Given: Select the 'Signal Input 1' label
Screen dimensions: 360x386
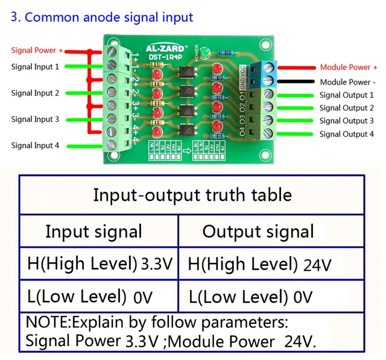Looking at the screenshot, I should click(x=35, y=67).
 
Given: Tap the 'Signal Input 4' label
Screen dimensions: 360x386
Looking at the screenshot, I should click(x=35, y=145).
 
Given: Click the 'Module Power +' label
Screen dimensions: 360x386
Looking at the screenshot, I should click(x=349, y=68).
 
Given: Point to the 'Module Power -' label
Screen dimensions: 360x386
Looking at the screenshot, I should click(x=348, y=82).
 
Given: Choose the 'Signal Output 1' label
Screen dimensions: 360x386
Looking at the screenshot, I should click(x=347, y=95).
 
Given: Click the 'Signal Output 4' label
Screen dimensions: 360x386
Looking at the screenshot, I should click(x=347, y=134).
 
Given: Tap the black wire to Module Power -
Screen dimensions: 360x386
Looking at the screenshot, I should click(x=296, y=81).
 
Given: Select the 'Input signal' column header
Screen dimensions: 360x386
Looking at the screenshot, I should click(x=93, y=232).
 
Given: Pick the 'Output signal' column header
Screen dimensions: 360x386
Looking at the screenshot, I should click(x=258, y=232).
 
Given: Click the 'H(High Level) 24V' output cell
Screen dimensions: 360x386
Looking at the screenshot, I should click(x=259, y=264).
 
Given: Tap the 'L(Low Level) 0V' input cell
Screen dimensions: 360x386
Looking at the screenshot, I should click(x=90, y=297).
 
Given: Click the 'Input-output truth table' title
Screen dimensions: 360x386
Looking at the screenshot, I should click(x=192, y=195).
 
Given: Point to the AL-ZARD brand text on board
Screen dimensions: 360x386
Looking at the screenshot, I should click(x=166, y=46).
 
